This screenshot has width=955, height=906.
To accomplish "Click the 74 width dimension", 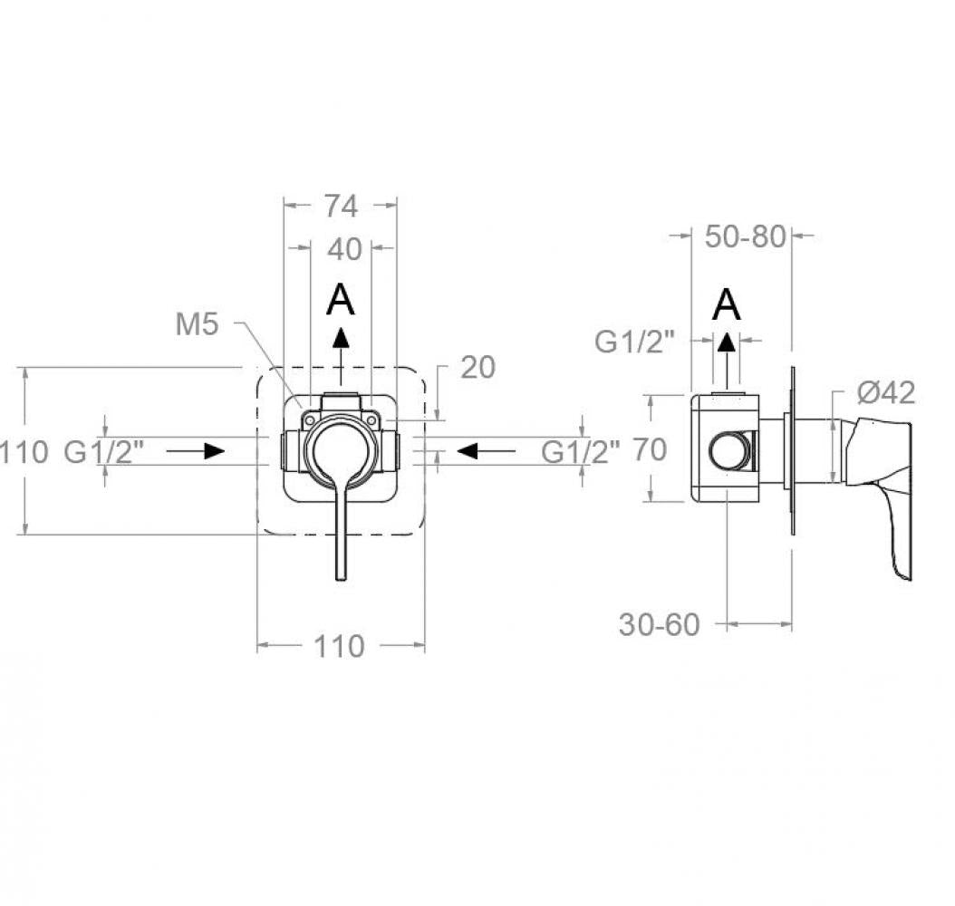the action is coord(341,206).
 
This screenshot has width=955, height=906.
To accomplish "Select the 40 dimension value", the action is coord(344,249).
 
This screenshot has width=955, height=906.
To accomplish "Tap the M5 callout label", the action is coord(197,324).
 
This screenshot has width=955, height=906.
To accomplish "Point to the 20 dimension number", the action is coord(478,367).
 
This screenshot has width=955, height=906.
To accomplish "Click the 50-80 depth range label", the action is coord(746,236).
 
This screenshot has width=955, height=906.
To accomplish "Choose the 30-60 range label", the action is coord(660,624).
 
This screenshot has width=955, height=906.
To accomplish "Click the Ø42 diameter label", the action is coord(886,392).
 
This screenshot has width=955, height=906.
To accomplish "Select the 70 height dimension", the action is coord(650,450).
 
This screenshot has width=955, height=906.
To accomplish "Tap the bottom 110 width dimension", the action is coord(339,646).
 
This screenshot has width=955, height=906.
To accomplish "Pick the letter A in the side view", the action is coord(727,304).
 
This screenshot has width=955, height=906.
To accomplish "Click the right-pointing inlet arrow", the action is coord(196,451).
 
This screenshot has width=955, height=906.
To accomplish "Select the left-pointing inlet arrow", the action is coord(486,451).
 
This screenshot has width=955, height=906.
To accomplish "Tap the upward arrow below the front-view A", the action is coord(342,356).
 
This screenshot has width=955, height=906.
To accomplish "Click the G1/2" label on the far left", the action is coord(104,452).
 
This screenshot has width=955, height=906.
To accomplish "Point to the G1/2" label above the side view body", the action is coord(634,342).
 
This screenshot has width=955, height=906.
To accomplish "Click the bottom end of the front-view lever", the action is coord(341,578).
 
